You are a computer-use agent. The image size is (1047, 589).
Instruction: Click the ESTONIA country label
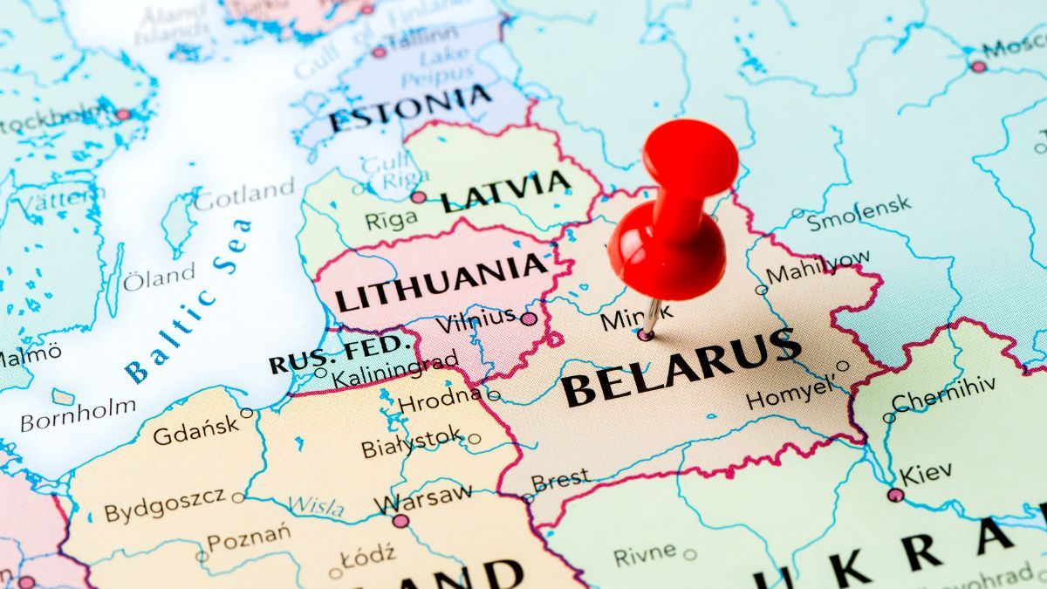(x=410, y=109)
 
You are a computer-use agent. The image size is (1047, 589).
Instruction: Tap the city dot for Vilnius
(x=529, y=318)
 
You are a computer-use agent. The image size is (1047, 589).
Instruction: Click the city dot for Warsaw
(x=400, y=521)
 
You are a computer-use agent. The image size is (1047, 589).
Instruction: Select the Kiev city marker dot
(x=895, y=495)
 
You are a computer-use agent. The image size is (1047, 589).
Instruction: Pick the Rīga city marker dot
(x=419, y=197)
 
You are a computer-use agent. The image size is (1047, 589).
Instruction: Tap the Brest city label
(x=560, y=481)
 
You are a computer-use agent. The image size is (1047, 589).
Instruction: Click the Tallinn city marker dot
(x=379, y=51)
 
